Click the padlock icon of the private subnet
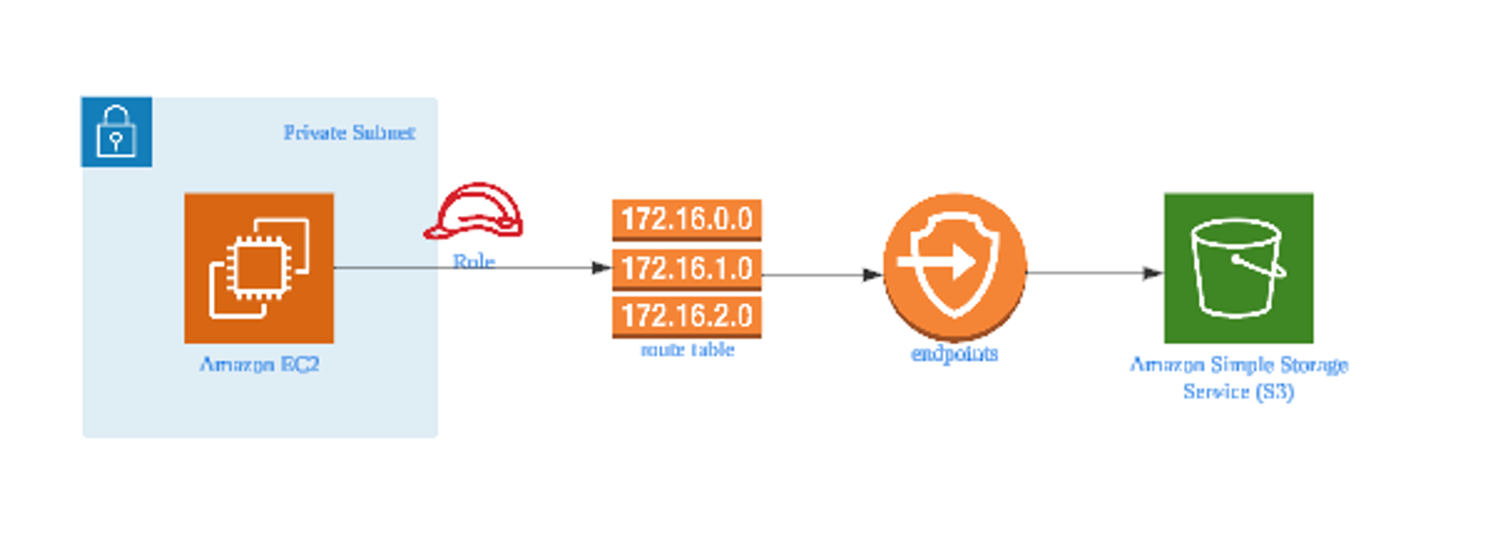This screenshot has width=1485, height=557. click(x=117, y=131)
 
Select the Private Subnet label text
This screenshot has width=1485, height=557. click(x=349, y=133)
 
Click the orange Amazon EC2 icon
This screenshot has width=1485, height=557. click(x=259, y=268)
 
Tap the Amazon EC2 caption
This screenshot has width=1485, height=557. click(x=259, y=365)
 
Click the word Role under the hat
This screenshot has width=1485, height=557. click(x=474, y=261)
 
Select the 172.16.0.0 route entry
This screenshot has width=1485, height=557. click(x=687, y=219)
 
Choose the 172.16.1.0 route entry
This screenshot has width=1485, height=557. click(x=687, y=268)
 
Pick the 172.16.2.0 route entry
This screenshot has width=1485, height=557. click(x=687, y=316)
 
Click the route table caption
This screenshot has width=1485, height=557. click(x=688, y=350)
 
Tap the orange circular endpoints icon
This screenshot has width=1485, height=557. click(x=955, y=265)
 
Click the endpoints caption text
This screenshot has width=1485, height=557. click(x=955, y=354)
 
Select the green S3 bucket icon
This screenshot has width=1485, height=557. click(x=1238, y=268)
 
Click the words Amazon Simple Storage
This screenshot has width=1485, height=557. click(x=1238, y=365)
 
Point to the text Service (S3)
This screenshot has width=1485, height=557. click(x=1238, y=391)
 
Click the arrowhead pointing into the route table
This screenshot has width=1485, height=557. click(x=602, y=267)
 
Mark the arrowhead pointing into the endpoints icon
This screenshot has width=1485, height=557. click(x=872, y=275)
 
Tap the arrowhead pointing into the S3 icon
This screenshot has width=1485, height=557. click(x=1153, y=273)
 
